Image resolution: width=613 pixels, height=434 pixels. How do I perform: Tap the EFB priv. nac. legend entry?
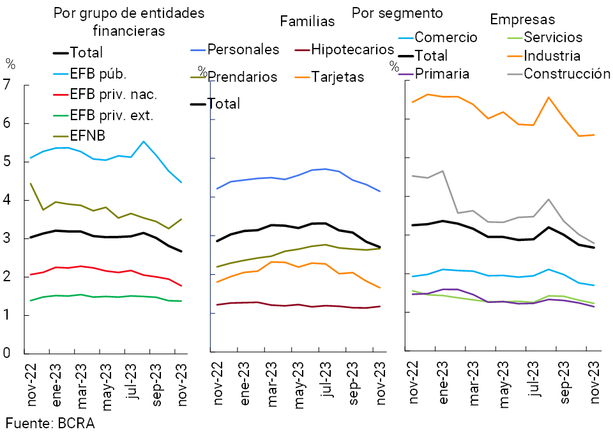tap(113, 95)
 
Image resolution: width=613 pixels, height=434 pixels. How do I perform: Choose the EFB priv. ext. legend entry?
tap(112, 115)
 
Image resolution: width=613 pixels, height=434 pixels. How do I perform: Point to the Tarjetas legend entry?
tap(337, 77)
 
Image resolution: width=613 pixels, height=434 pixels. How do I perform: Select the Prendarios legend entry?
tap(242, 77)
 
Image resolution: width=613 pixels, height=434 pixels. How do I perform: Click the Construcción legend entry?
tap(567, 74)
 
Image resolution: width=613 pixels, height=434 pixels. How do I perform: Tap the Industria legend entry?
tap(552, 56)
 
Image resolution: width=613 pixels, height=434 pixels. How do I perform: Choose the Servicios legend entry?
tap(553, 37)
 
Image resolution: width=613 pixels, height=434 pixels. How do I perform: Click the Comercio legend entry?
tap(446, 37)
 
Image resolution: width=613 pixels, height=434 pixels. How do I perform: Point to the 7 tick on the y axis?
tap(8, 84)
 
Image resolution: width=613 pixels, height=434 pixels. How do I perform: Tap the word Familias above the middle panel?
tap(307, 21)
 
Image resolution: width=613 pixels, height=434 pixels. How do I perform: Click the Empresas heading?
tap(522, 19)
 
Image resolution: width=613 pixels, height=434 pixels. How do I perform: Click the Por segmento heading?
tap(397, 12)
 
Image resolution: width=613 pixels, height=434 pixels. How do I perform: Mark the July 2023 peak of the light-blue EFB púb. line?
tap(143, 141)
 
